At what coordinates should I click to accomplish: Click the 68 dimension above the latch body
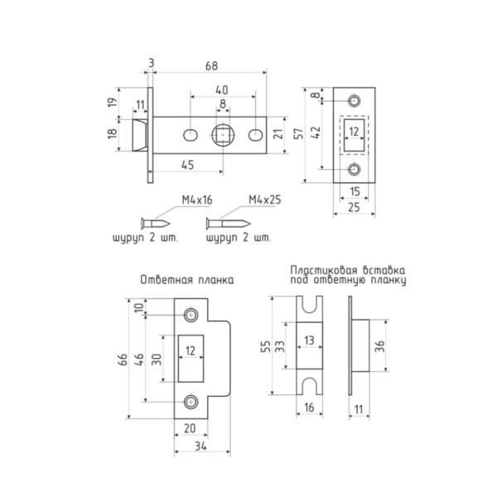tap(212, 65)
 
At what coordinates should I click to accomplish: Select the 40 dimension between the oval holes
tap(222, 90)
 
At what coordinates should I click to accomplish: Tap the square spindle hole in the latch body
tap(223, 135)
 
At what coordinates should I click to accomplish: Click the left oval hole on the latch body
tap(191, 135)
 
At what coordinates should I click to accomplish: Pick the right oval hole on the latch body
tap(255, 135)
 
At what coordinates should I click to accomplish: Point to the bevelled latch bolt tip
tap(139, 135)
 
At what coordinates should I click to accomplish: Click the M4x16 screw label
tap(197, 200)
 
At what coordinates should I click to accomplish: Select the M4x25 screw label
tap(265, 200)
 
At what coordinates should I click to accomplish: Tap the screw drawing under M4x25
tap(229, 224)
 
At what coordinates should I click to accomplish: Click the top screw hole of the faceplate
tap(354, 101)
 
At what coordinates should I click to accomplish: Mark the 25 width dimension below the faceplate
tap(354, 207)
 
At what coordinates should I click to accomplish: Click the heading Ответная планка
tap(187, 280)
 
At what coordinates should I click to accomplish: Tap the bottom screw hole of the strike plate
tap(191, 402)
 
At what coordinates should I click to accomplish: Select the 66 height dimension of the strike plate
tap(123, 359)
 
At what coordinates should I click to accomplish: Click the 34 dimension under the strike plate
tap(201, 446)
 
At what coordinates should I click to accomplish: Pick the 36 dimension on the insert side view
tap(379, 345)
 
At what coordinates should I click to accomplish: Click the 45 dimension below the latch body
tap(188, 165)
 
